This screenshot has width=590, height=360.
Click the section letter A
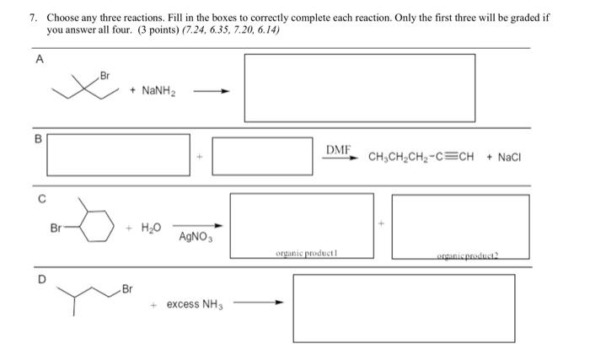click(37, 59)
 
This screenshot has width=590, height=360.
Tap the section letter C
click(37, 199)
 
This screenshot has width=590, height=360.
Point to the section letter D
click(37, 277)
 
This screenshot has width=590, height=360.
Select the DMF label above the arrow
click(338, 149)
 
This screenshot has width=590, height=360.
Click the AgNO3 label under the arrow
click(196, 237)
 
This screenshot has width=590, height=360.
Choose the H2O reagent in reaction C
click(151, 228)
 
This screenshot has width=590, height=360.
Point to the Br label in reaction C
click(57, 228)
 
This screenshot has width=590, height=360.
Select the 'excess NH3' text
click(194, 304)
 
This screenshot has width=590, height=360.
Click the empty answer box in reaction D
click(403, 308)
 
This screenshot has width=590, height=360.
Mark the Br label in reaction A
click(105, 76)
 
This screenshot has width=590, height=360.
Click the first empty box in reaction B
click(118, 156)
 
